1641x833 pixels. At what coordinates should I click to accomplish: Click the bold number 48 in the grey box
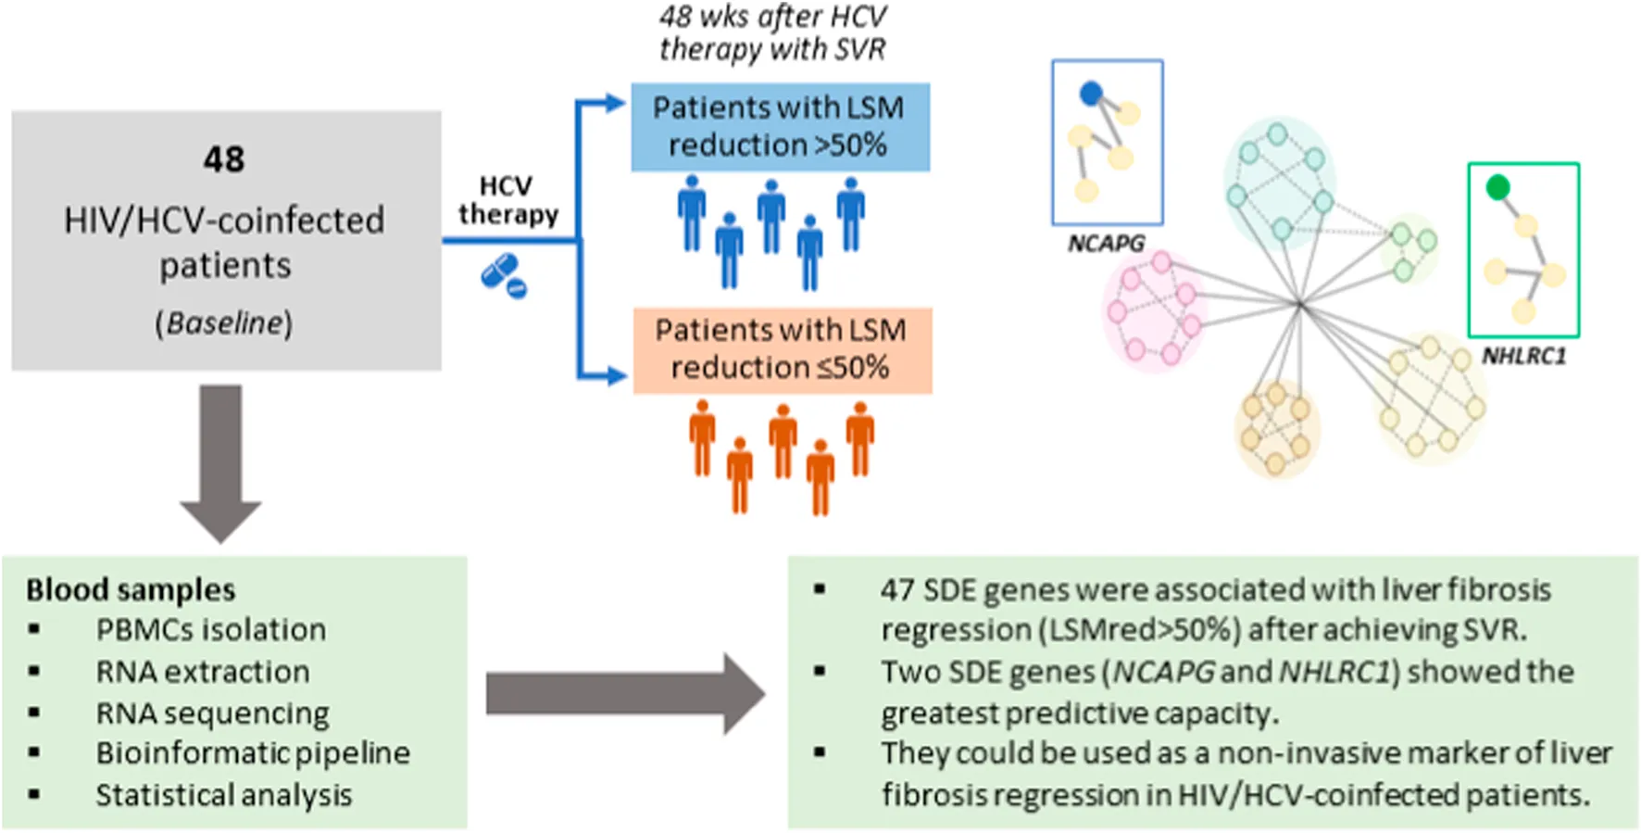224,159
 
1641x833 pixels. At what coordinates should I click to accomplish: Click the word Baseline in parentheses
223,322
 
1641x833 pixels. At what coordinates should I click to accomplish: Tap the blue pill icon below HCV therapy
503,275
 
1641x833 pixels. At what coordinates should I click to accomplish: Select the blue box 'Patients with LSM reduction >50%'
780,127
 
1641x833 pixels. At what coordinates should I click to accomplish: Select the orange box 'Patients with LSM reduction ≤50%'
782,350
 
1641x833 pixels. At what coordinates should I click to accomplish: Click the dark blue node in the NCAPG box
1091,93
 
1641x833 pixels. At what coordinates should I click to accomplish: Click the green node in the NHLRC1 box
1497,188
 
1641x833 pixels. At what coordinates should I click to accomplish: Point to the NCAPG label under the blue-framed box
1106,244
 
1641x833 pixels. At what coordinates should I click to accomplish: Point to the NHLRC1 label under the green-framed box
1523,357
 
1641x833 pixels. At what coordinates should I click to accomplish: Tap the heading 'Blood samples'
131,590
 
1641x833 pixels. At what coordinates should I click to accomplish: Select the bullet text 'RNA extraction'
203,672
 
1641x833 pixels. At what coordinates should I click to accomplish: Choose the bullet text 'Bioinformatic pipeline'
253,753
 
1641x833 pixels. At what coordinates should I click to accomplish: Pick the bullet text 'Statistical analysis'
224,795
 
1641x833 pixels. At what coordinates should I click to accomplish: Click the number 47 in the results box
897,590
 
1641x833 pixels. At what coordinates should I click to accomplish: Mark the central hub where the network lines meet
1301,303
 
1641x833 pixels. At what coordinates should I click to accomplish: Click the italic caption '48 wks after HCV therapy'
772,32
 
